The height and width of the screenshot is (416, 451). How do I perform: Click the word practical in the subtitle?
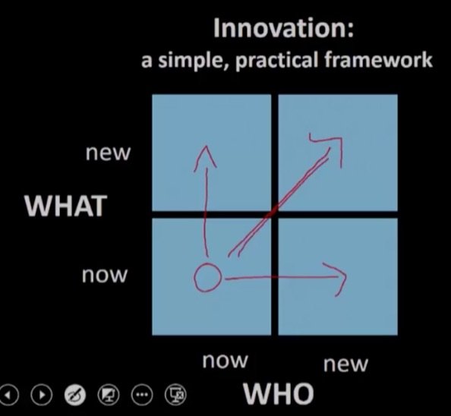click(x=273, y=61)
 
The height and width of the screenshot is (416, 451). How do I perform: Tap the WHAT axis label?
click(x=65, y=206)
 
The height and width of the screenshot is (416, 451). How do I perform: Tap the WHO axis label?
click(x=278, y=394)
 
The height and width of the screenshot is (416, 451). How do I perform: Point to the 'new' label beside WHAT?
click(x=108, y=153)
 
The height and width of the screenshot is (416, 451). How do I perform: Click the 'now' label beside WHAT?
click(x=106, y=276)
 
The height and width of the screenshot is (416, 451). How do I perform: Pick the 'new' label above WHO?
click(x=345, y=364)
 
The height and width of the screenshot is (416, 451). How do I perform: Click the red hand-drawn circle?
click(x=207, y=279)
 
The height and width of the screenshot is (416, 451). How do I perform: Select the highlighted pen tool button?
click(x=74, y=395)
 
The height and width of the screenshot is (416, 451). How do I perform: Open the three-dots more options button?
click(x=142, y=395)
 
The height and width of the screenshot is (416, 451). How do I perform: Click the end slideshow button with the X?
click(x=176, y=395)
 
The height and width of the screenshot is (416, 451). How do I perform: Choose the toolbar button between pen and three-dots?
click(x=108, y=395)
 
